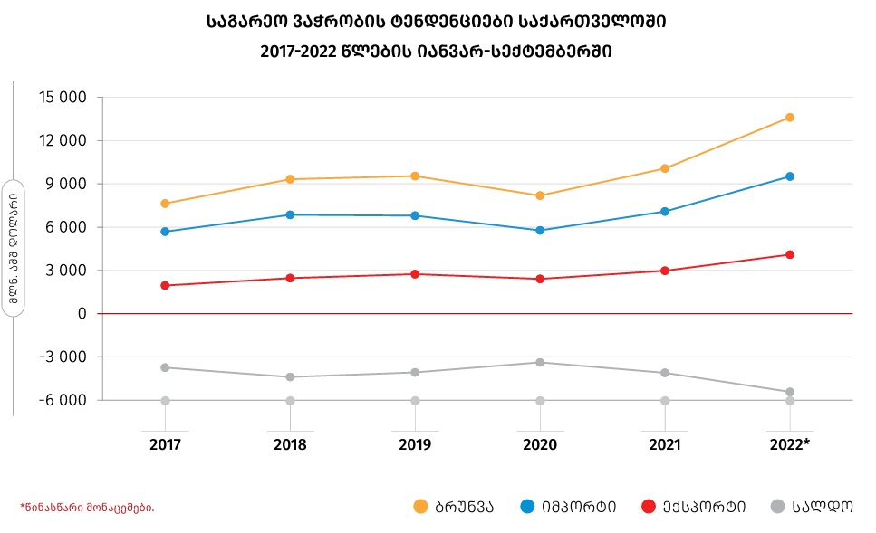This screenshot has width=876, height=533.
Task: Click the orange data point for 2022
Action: (x=790, y=118)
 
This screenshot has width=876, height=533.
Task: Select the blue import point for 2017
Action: (x=165, y=232)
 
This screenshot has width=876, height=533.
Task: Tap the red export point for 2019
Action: (x=415, y=274)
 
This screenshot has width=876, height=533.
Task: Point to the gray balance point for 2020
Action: (x=540, y=363)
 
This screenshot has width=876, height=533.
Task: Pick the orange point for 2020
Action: (x=540, y=195)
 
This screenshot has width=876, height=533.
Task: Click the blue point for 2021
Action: (x=665, y=212)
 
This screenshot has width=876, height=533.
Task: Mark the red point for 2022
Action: (x=790, y=255)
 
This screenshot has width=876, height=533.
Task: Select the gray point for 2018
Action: (x=290, y=377)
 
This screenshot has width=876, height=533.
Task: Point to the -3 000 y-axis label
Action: (x=63, y=357)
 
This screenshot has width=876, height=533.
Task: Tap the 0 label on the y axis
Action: (x=82, y=314)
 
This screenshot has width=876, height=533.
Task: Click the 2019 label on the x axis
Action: (x=415, y=445)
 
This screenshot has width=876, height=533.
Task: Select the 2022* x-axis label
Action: (x=790, y=445)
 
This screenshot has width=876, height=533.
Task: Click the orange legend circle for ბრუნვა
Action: (x=420, y=507)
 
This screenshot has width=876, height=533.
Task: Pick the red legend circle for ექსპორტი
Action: (x=648, y=507)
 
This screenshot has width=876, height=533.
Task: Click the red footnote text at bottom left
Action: (x=87, y=508)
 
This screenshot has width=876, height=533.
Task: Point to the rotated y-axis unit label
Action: (x=13, y=249)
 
